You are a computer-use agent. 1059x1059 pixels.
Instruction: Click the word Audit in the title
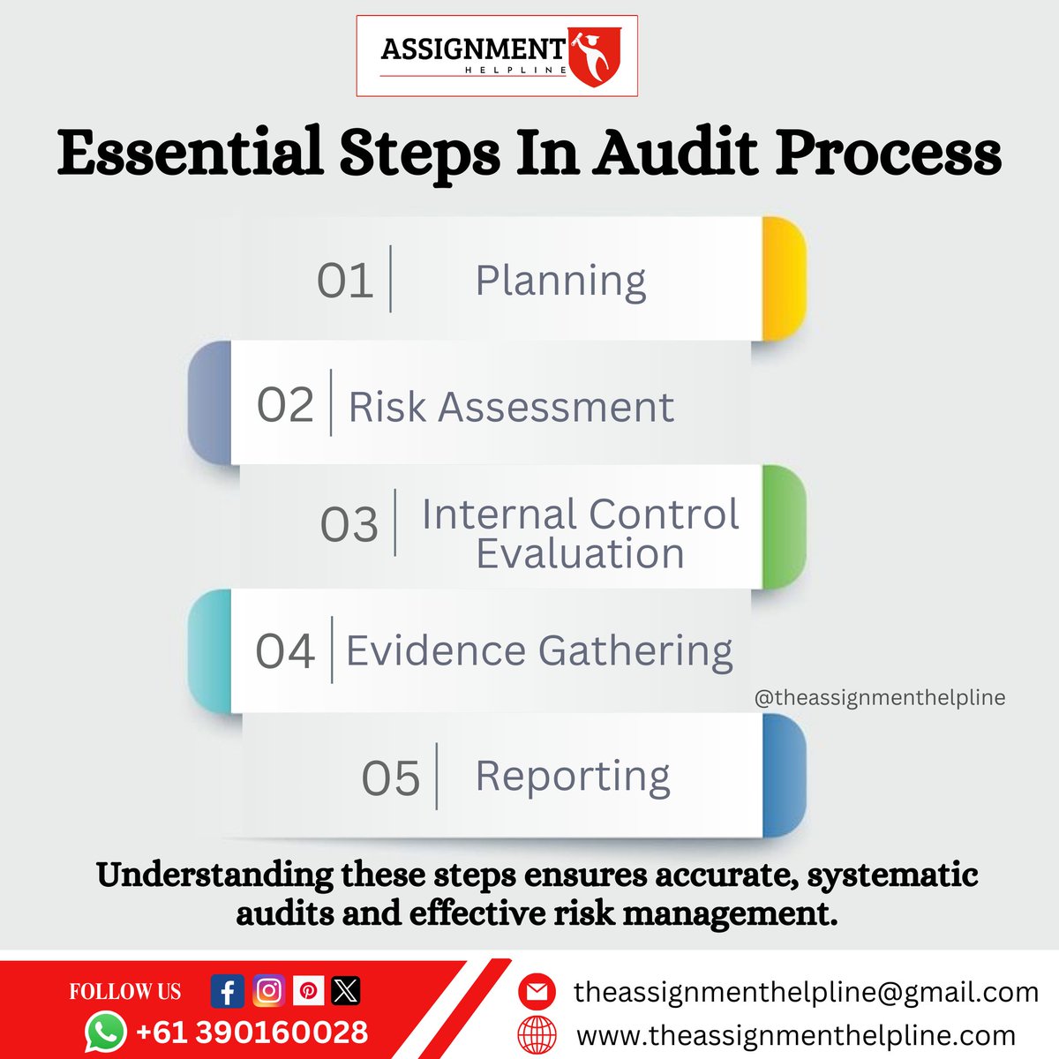click(x=674, y=153)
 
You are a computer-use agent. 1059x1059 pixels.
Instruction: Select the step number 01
click(x=345, y=282)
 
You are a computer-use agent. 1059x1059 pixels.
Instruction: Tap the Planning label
click(x=560, y=282)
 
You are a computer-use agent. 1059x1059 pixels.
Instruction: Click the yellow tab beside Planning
click(x=784, y=279)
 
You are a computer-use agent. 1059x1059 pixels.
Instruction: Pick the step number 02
click(x=285, y=405)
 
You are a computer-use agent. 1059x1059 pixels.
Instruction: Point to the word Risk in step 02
click(x=387, y=408)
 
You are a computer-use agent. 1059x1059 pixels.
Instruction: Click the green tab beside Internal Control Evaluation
click(x=784, y=527)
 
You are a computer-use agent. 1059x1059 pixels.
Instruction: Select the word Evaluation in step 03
click(x=580, y=554)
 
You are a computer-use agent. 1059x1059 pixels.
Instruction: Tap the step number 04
click(x=285, y=651)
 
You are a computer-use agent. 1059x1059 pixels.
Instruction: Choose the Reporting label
click(x=573, y=777)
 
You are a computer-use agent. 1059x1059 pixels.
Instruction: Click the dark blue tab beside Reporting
click(x=784, y=776)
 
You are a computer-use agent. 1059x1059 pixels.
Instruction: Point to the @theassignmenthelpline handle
click(x=880, y=698)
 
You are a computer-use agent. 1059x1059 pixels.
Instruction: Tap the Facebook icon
click(x=228, y=991)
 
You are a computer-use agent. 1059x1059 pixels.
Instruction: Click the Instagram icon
click(x=268, y=991)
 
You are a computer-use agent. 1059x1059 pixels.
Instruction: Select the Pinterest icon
click(x=308, y=991)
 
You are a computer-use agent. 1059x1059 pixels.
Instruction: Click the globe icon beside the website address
click(x=537, y=1034)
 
